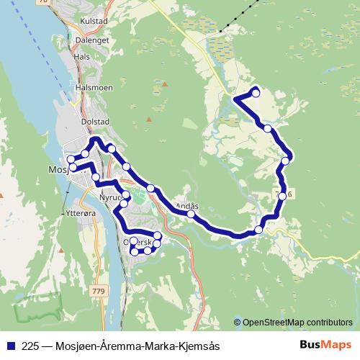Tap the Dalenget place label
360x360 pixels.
coord(93,41)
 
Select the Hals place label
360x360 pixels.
coord(81,56)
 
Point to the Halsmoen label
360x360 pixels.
coord(91,87)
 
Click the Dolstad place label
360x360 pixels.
coord(94,122)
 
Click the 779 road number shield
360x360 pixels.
coord(99,290)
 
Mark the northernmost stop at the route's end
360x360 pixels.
coord(256,93)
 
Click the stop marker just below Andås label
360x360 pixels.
coord(191,214)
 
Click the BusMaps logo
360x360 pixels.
coord(325,346)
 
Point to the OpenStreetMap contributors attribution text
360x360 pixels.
coord(297,323)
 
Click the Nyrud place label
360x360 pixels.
coord(112,196)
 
